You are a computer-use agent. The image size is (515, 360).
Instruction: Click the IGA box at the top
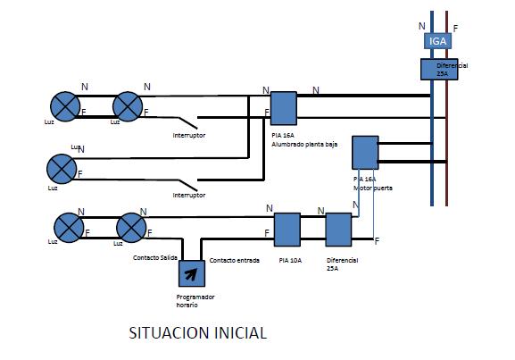coord(437,42)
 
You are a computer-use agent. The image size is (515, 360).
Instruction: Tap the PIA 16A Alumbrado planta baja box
coord(283,108)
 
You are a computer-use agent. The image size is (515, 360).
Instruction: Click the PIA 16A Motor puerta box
coord(366,153)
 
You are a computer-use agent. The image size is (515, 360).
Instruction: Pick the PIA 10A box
coord(286,230)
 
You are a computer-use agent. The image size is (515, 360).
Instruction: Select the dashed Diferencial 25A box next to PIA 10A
coord(338,230)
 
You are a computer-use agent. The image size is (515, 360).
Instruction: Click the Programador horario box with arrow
coord(190,272)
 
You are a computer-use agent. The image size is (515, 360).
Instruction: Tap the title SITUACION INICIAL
coord(198,333)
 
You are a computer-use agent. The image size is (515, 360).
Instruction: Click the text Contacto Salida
coord(154,258)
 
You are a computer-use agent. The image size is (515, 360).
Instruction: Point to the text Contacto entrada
coord(234,261)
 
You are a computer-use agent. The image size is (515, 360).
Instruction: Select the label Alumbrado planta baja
coord(305,143)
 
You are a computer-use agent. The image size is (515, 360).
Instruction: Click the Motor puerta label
coord(373,188)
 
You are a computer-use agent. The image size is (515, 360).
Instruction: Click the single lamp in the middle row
coord(61,167)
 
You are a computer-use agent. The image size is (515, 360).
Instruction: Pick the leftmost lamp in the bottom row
coord(68,226)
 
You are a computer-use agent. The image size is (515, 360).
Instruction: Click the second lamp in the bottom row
coord(132,226)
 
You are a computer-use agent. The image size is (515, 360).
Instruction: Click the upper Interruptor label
coord(188,135)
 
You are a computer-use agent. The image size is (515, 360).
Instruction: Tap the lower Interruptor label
coord(188,195)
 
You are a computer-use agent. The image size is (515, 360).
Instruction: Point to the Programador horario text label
coord(195,300)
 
